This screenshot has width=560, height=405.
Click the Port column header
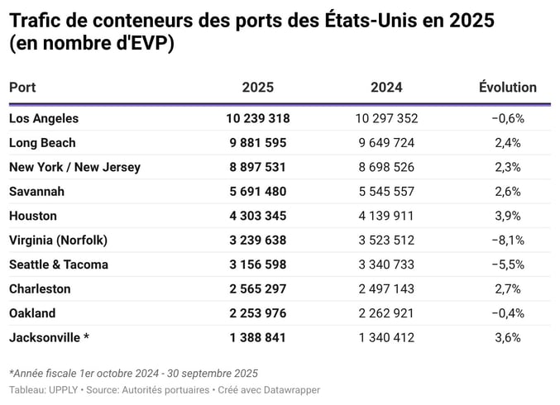pos(22,87)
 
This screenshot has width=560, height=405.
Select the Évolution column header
pos(507,87)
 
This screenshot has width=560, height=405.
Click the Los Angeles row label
pos(44,118)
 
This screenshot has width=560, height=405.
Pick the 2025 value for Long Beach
pos(257,142)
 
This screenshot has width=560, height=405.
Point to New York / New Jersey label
pos(74,167)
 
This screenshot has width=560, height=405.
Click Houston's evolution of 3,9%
pos(507,216)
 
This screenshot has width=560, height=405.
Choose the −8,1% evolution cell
pos(507,240)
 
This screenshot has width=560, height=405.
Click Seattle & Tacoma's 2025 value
pos(257,264)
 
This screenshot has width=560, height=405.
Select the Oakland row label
pos(32,313)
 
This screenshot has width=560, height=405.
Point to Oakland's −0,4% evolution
pos(507,313)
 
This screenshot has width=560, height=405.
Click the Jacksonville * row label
pos(49,337)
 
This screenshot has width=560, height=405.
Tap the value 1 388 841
pos(257,337)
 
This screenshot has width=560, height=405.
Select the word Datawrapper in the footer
pos(292,389)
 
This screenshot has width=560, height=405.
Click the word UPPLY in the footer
pos(63,389)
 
